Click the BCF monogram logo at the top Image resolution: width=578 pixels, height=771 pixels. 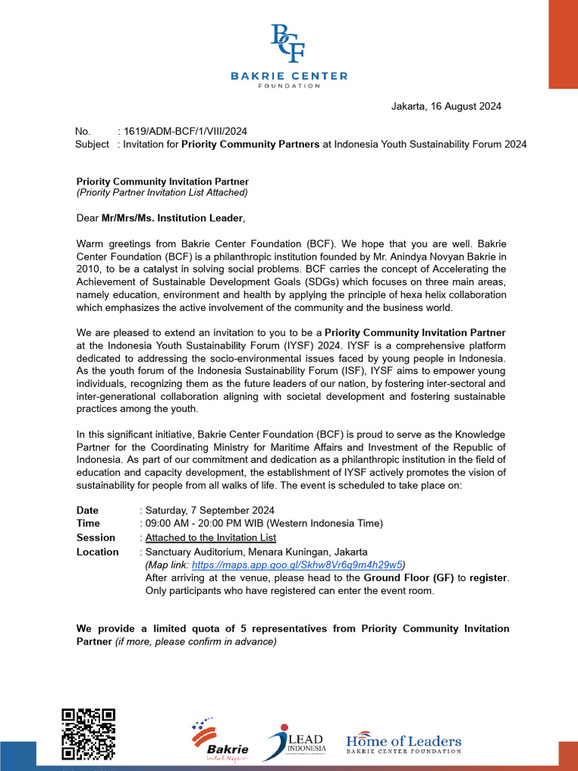tap(288, 43)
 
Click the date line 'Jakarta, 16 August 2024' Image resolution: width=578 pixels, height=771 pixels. tap(446, 106)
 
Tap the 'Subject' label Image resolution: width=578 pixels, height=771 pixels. tap(92, 144)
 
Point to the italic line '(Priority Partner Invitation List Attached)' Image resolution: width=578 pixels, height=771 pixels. tap(162, 193)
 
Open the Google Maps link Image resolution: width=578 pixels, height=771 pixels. tap(297, 564)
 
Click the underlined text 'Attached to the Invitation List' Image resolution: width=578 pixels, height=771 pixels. tap(210, 538)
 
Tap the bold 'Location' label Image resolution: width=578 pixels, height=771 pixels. tap(97, 552)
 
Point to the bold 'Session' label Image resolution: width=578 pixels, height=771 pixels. tap(96, 538)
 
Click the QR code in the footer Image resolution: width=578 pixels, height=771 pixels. tap(88, 735)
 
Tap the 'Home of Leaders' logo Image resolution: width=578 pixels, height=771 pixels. tap(403, 743)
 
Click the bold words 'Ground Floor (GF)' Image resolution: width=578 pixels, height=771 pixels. tap(409, 577)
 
